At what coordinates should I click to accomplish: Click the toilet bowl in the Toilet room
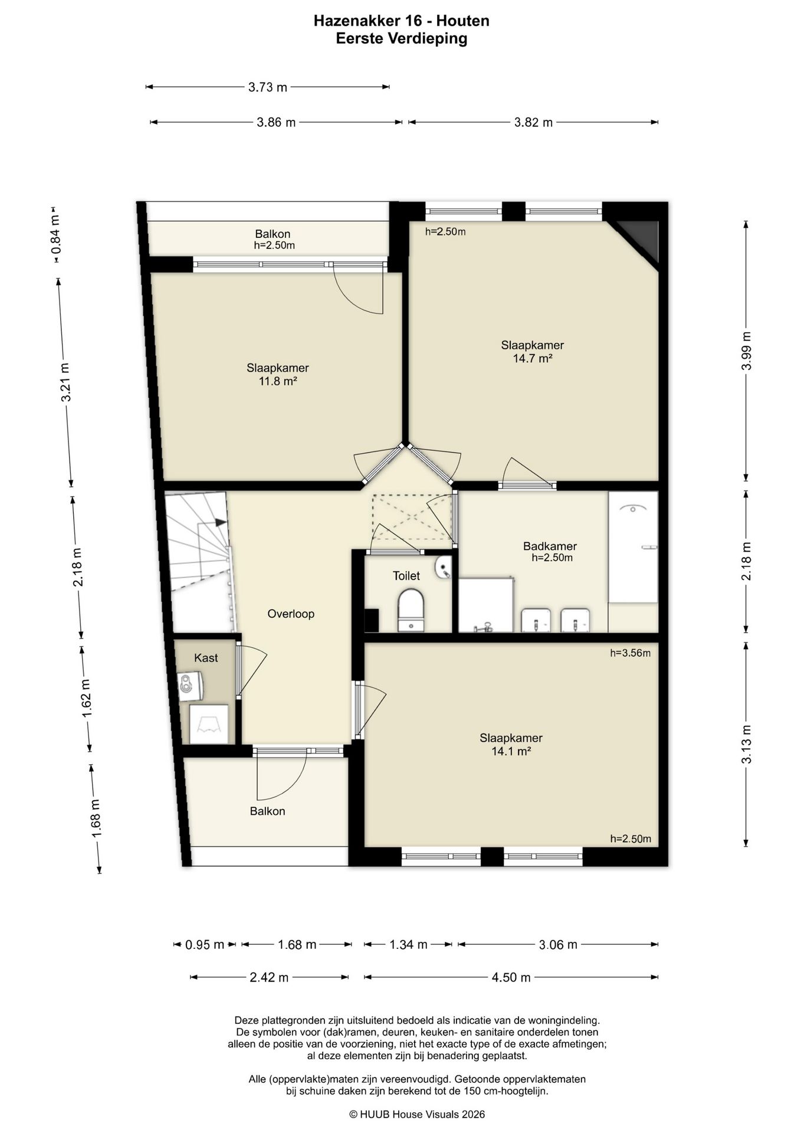(x=411, y=611)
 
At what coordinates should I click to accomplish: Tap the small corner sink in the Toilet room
(x=443, y=567)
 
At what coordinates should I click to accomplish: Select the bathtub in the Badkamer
(x=633, y=547)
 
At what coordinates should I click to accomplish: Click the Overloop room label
(x=291, y=614)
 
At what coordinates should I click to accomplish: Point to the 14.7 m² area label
(x=533, y=358)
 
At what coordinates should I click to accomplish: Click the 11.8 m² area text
(x=277, y=381)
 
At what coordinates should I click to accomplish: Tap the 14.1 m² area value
(x=511, y=751)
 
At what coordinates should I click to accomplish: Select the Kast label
(x=206, y=658)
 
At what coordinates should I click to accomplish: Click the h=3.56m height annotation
(x=631, y=653)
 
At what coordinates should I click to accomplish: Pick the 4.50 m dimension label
(x=511, y=978)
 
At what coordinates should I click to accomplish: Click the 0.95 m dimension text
(x=205, y=945)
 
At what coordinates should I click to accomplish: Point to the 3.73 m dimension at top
(x=267, y=87)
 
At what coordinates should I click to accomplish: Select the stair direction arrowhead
(x=221, y=522)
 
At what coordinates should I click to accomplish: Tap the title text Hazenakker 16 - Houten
(x=401, y=21)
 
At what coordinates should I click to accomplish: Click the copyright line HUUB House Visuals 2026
(x=417, y=1114)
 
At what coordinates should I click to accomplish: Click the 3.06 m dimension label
(x=558, y=945)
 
